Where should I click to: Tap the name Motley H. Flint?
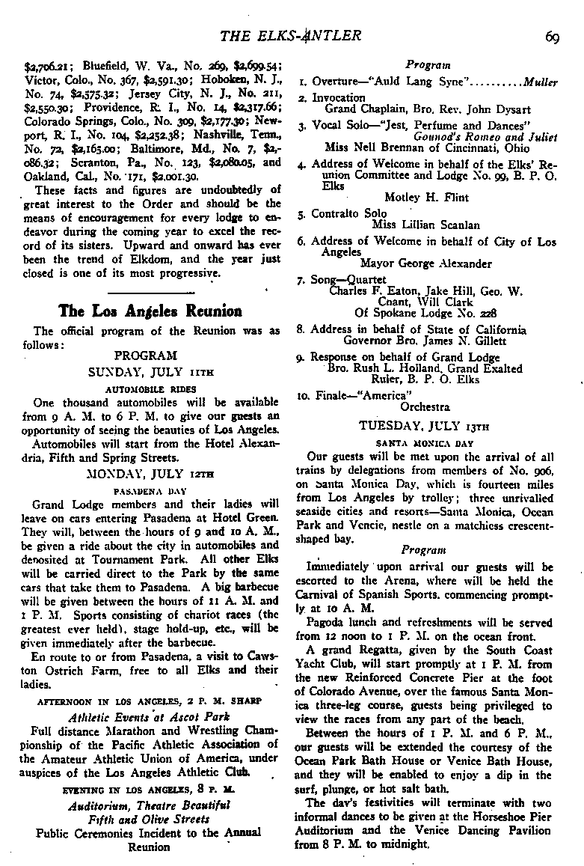point(426,198)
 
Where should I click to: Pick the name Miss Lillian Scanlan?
point(426,225)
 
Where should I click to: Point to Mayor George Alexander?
point(426,263)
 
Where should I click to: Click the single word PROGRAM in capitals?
point(146,355)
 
